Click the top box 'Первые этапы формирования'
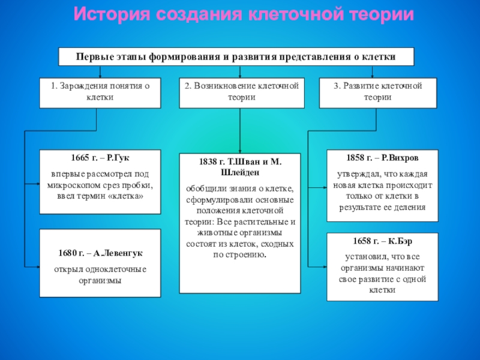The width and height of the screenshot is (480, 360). [236, 56]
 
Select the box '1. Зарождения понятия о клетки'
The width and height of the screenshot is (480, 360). [100, 92]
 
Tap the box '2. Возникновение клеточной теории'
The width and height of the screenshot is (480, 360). [240, 92]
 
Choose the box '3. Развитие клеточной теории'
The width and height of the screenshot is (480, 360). [378, 92]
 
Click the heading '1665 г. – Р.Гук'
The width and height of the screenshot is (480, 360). [100, 157]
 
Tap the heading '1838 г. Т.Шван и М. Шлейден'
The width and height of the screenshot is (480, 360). [240, 167]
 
